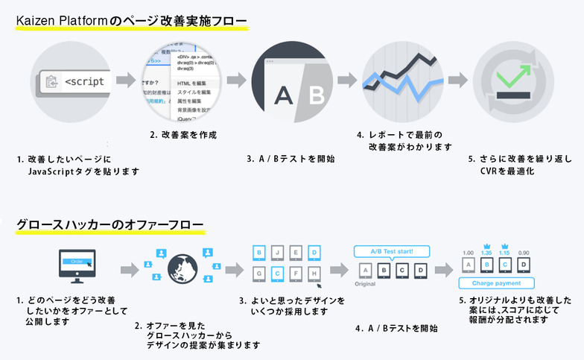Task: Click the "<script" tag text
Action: (84, 81)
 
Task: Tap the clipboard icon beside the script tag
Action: (51, 81)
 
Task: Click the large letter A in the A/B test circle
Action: (282, 95)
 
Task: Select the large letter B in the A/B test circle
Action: (315, 95)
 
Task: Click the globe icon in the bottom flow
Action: (182, 269)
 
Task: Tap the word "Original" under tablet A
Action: (364, 284)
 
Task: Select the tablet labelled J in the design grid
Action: (277, 251)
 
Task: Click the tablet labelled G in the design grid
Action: (258, 274)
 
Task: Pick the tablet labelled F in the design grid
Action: (296, 274)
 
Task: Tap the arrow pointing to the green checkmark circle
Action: (457, 80)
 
